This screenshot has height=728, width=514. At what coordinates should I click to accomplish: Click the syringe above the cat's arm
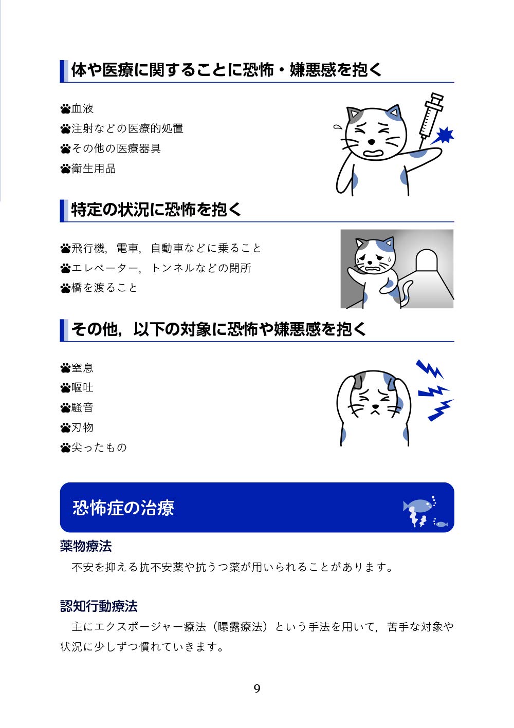(431, 115)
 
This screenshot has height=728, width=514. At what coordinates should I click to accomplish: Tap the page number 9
(257, 688)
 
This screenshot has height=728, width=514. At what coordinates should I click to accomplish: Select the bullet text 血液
(83, 108)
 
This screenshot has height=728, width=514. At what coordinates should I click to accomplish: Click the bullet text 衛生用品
(94, 169)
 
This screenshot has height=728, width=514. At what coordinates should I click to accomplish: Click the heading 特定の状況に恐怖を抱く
(156, 210)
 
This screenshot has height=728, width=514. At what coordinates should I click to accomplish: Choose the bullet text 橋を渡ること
(104, 288)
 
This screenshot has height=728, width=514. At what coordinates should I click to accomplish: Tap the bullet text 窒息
(83, 368)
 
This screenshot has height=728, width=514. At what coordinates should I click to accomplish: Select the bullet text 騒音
(83, 408)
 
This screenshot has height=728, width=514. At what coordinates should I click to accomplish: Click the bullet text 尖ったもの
(99, 447)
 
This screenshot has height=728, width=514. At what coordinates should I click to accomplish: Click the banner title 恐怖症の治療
(123, 508)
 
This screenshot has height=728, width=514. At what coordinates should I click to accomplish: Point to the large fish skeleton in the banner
(417, 506)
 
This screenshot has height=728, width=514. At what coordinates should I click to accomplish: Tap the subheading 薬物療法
(86, 546)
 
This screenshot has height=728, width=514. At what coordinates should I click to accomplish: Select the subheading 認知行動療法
(99, 606)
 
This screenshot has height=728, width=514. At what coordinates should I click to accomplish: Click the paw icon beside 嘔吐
(65, 388)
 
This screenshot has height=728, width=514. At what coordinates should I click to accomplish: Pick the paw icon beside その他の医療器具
(65, 149)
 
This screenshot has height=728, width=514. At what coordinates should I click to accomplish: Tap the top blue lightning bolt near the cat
(429, 368)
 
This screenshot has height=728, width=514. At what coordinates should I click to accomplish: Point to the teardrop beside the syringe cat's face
(337, 127)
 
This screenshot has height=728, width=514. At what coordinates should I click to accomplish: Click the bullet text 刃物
(83, 427)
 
